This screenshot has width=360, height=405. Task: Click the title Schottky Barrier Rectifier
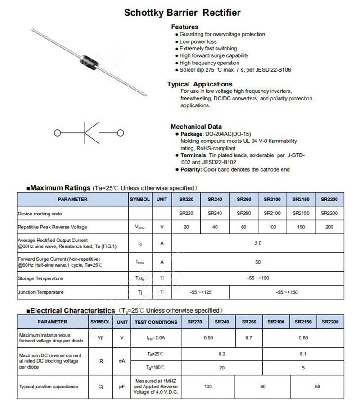(182, 13)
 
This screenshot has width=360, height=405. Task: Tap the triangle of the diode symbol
(92, 133)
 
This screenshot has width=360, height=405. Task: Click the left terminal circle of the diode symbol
(57, 133)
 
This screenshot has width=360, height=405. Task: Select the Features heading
(184, 27)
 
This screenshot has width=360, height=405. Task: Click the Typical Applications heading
(200, 84)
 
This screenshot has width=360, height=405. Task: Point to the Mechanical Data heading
(196, 127)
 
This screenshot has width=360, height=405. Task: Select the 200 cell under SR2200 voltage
(329, 227)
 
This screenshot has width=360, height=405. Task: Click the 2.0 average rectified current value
(258, 243)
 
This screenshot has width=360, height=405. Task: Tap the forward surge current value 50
(258, 262)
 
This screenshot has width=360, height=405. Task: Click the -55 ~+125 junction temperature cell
(201, 292)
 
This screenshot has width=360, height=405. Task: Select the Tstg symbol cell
(140, 278)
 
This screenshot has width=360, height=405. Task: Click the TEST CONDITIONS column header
(156, 322)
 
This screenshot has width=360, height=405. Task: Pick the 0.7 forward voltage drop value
(249, 337)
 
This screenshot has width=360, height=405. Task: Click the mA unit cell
(122, 361)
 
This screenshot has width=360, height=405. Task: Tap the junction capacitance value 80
(263, 387)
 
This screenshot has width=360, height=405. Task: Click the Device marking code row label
(40, 214)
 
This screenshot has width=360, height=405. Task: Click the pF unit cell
(122, 387)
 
